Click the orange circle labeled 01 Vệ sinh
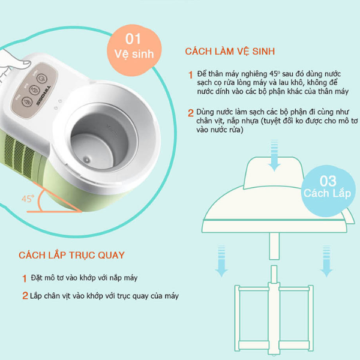pyautogui.click(x=134, y=46)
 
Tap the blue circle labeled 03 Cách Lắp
pyautogui.click(x=327, y=185)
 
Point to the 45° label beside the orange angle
pyautogui.click(x=28, y=198)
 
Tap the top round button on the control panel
pyautogui.click(x=42, y=79)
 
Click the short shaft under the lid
pyautogui.click(x=273, y=247)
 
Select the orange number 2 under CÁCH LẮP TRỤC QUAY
pyautogui.click(x=25, y=296)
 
